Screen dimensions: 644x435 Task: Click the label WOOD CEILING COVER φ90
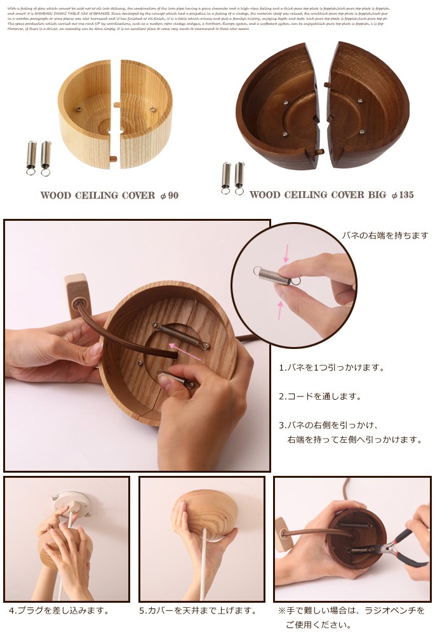coord(109,195)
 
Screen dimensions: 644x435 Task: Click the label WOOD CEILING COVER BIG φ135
coord(331,195)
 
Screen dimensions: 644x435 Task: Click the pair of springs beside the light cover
coord(38,157)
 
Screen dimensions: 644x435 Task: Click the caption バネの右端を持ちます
coord(385,235)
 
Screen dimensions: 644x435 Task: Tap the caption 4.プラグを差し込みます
coord(59,610)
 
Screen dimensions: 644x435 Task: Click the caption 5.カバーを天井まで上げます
coord(197,610)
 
